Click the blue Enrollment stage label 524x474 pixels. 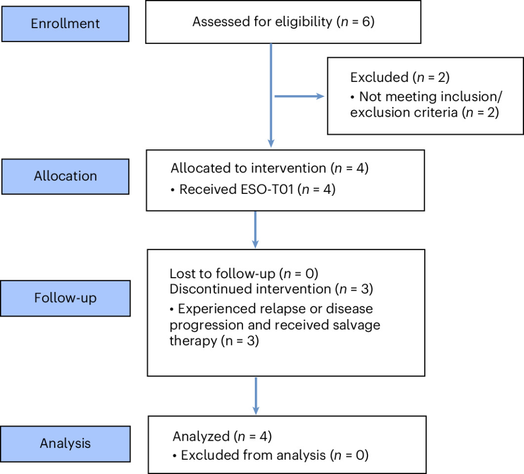(x=65, y=24)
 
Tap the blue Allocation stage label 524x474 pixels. (x=65, y=176)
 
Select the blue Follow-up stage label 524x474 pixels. (x=65, y=298)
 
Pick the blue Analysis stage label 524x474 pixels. (x=65, y=444)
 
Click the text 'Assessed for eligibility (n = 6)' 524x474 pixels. (x=283, y=22)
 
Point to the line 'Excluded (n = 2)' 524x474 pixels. (x=400, y=78)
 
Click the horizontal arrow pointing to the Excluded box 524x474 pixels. (x=299, y=96)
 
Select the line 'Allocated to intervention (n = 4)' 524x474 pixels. (x=269, y=168)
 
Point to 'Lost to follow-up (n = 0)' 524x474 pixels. (x=244, y=274)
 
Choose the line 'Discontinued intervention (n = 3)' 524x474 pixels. (x=271, y=289)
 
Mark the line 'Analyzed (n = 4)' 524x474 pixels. (x=222, y=436)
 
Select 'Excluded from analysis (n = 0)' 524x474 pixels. (x=270, y=455)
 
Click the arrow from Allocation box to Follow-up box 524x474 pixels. (x=255, y=230)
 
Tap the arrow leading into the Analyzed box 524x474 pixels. (x=256, y=396)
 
